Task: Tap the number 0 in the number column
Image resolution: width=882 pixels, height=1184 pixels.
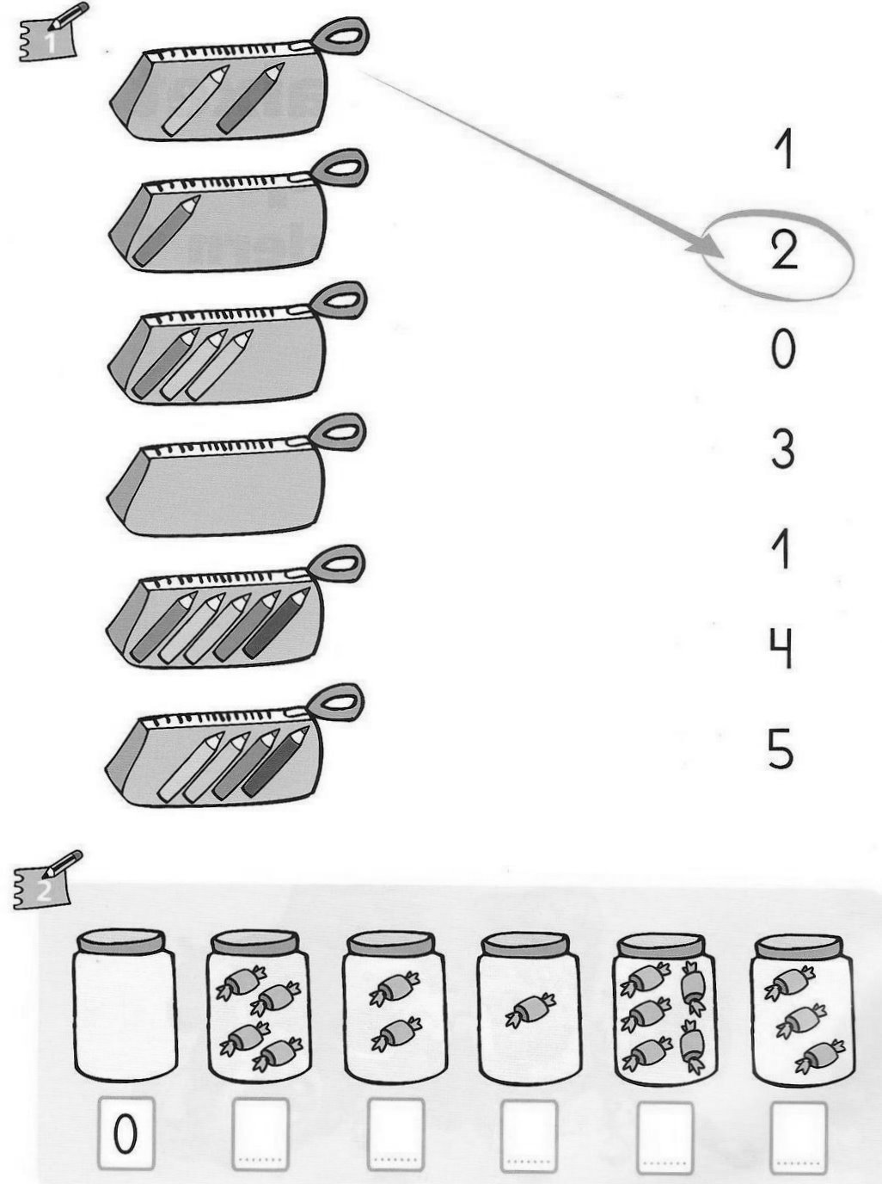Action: [x=783, y=349]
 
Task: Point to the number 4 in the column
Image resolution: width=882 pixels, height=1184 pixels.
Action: [x=781, y=648]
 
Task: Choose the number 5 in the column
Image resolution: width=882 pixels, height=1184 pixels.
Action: [x=781, y=748]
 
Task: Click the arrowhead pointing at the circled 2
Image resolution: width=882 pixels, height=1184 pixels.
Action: [x=706, y=250]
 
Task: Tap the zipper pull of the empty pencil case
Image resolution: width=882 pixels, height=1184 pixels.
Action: [x=339, y=433]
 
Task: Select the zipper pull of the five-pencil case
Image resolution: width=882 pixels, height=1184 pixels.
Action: [x=337, y=564]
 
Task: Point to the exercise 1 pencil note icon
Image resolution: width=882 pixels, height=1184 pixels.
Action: [x=52, y=33]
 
